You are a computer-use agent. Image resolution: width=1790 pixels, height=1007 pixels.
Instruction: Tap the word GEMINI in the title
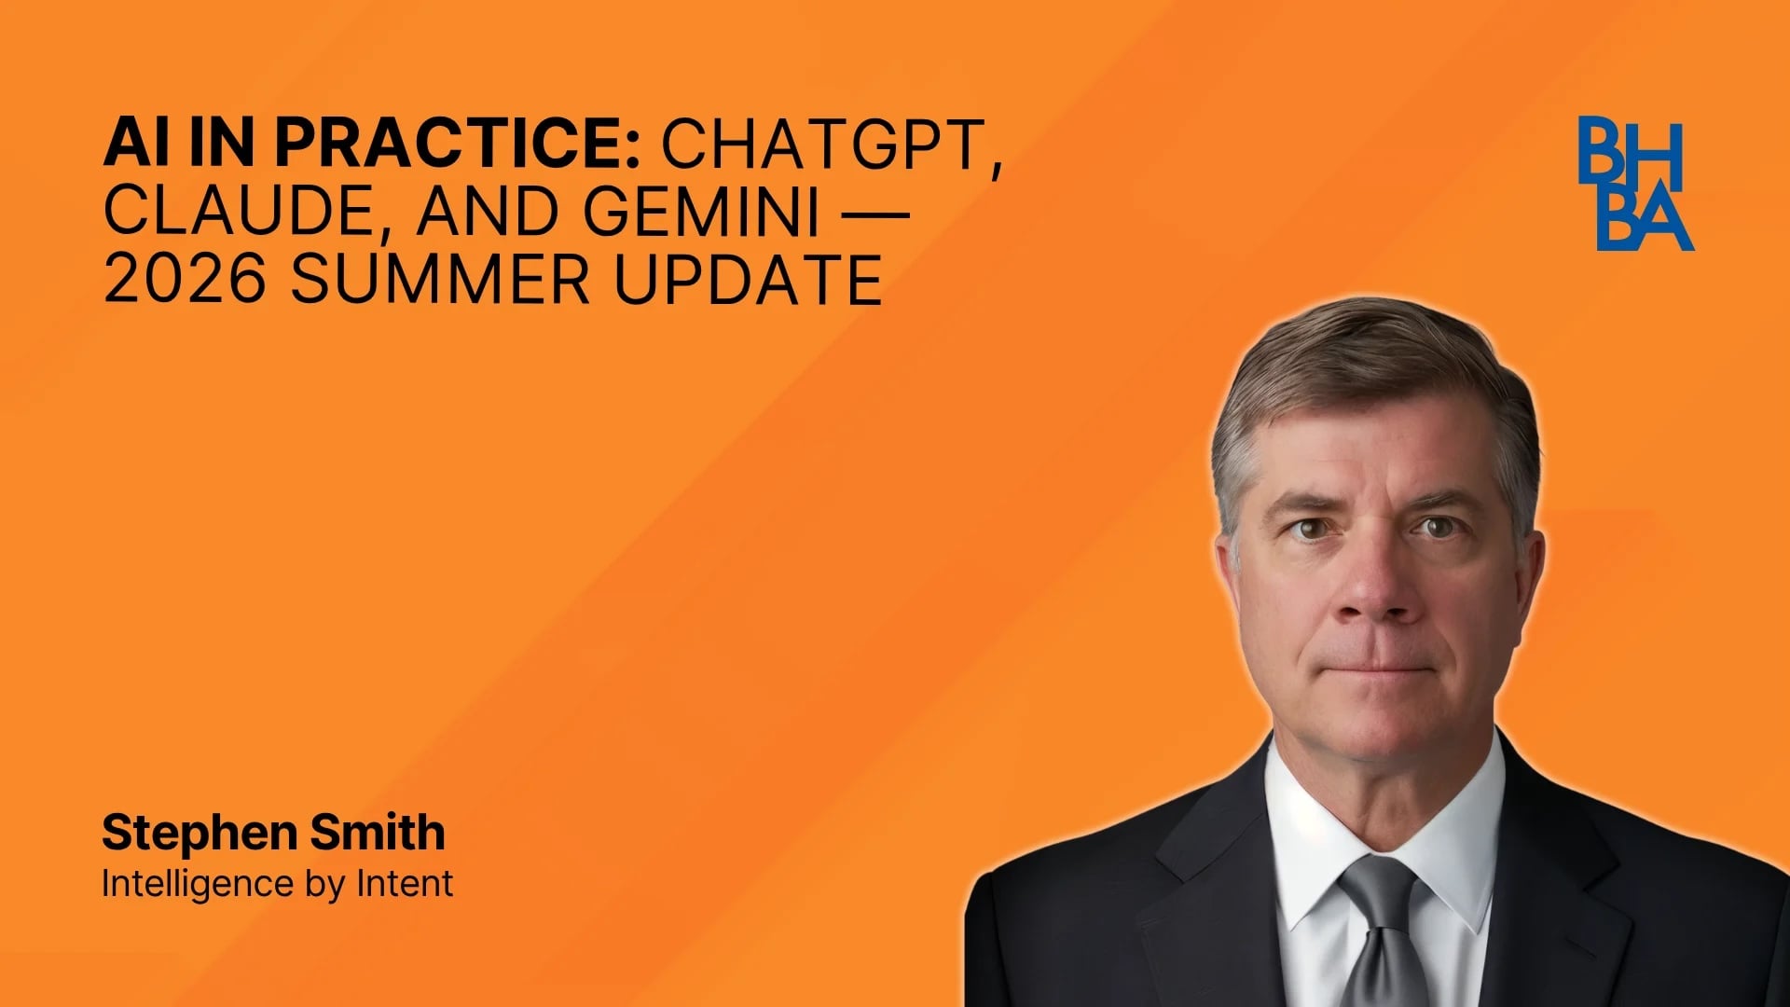(x=701, y=212)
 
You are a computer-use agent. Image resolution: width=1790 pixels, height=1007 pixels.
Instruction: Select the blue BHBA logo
(x=1634, y=183)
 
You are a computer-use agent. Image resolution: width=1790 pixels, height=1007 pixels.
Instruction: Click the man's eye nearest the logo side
(x=1437, y=528)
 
